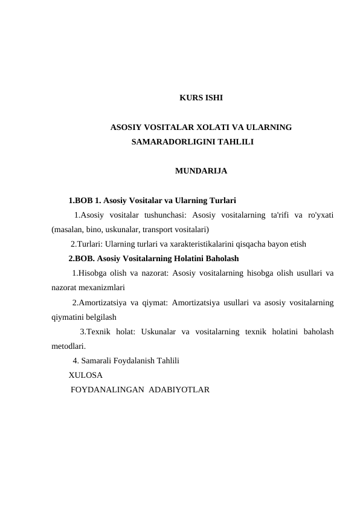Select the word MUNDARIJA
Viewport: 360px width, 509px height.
201,172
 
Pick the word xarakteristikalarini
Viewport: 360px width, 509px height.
194,244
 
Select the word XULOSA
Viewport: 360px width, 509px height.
85,375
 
